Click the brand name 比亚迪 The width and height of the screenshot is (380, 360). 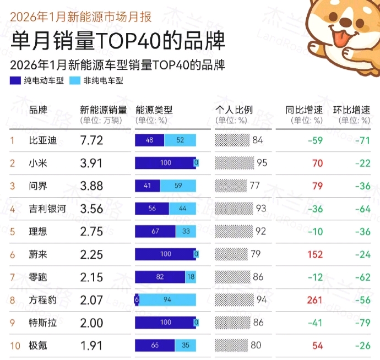(x=42, y=140)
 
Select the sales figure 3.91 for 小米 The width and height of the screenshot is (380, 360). (x=91, y=163)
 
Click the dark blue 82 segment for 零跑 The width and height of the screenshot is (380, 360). (x=160, y=277)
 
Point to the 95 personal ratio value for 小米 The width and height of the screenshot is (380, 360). (x=262, y=163)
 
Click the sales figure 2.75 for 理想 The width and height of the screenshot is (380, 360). (x=91, y=232)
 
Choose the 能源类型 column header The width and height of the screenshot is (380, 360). (x=154, y=110)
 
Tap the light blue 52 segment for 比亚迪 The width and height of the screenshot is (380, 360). (x=180, y=140)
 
